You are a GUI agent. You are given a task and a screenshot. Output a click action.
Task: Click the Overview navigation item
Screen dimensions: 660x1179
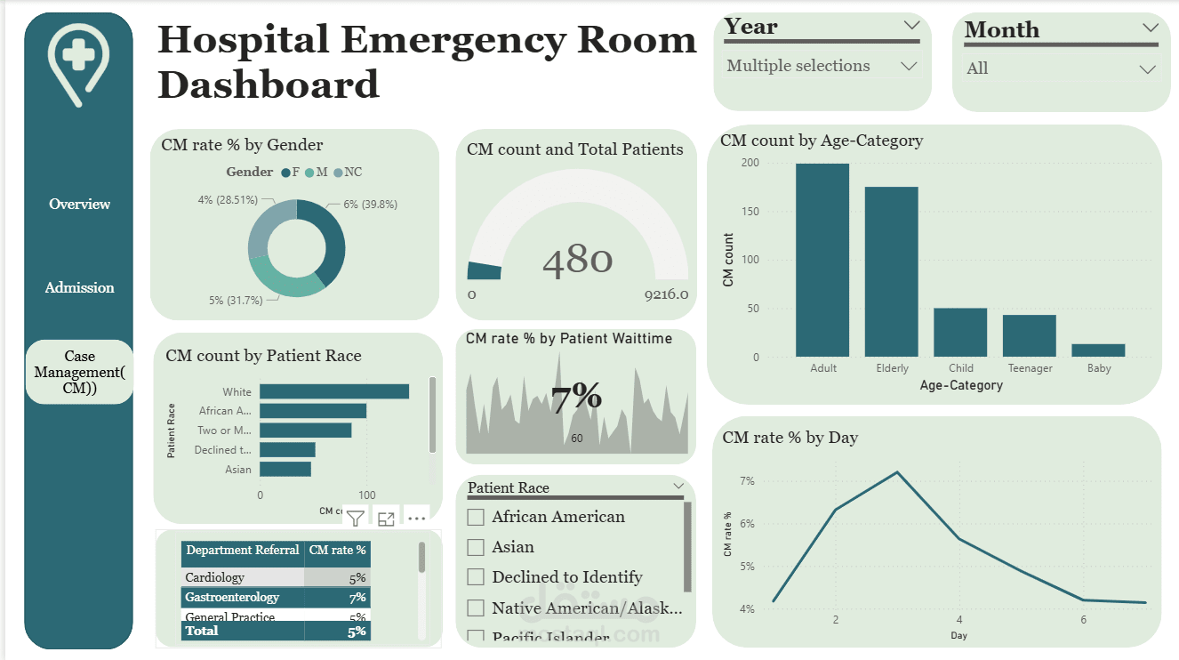pos(80,205)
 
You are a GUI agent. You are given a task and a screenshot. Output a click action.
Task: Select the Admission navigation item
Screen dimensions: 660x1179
pos(80,288)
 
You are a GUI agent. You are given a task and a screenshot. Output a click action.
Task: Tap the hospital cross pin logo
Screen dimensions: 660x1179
pos(78,60)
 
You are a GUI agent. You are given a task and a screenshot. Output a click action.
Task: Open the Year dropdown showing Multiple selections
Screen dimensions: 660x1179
pos(908,66)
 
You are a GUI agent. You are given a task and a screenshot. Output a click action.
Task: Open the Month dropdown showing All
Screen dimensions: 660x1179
pos(1147,68)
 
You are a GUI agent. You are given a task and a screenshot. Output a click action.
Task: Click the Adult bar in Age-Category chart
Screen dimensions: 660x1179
pos(822,260)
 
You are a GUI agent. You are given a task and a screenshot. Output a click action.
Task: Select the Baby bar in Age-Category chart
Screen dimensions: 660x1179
pos(1098,350)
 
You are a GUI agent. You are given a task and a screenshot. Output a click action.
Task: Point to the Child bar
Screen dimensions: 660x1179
pos(960,333)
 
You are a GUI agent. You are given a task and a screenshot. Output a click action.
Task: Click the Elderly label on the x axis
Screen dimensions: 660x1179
pos(892,368)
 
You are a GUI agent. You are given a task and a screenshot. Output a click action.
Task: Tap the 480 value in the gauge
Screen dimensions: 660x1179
pos(577,260)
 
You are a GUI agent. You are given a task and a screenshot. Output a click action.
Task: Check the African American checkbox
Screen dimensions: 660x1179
pos(477,517)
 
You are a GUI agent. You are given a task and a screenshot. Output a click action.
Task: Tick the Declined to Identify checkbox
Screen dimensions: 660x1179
pos(477,577)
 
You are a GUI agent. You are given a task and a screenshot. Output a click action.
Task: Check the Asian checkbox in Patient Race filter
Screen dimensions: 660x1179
pos(477,547)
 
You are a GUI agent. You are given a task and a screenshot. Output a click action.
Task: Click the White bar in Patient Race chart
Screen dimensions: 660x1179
pos(334,391)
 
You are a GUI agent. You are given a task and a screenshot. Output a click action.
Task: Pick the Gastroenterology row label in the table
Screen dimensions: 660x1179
pos(232,597)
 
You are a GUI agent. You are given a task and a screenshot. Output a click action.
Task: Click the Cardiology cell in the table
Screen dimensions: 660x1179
pos(215,577)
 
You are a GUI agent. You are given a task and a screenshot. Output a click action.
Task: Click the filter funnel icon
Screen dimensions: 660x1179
pos(355,519)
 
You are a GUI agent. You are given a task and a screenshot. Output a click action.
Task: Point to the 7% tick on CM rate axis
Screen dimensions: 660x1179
pos(747,481)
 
